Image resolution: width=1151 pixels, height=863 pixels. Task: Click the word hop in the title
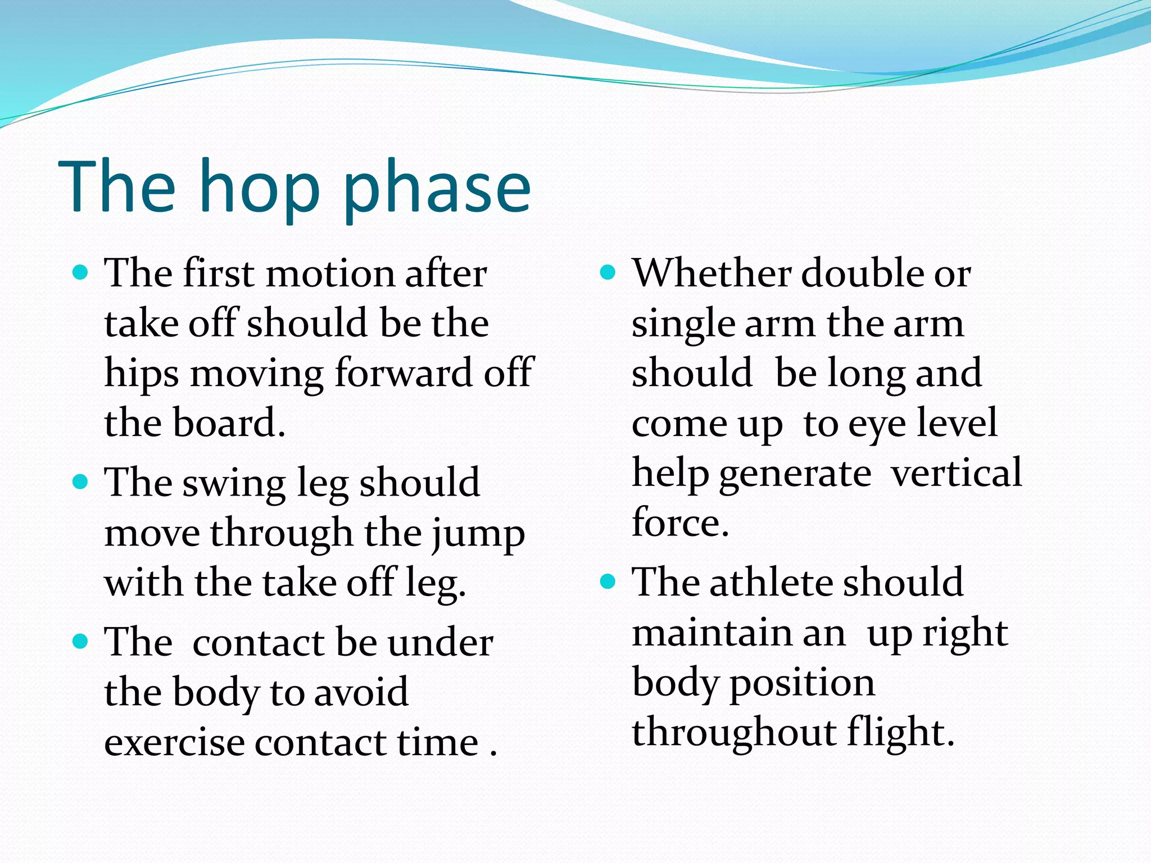(260, 188)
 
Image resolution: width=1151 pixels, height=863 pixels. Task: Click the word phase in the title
(437, 188)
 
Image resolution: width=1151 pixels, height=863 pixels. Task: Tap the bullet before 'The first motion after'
(81, 273)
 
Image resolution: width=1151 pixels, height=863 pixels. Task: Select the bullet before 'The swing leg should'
(81, 483)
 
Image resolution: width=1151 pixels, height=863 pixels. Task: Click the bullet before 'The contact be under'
(81, 642)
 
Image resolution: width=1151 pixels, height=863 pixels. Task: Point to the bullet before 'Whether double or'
(608, 273)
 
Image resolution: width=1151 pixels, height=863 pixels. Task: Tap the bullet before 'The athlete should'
(608, 582)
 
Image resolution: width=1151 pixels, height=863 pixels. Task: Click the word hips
(142, 374)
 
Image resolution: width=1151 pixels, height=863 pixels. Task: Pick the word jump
(478, 534)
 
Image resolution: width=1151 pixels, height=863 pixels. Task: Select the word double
(862, 274)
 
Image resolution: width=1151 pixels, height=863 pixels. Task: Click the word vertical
(957, 473)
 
